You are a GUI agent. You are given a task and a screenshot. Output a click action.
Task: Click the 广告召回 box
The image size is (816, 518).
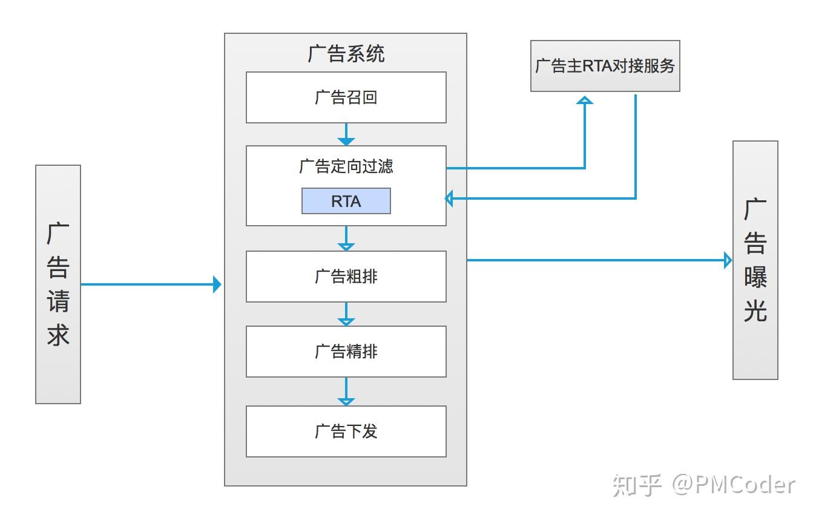346,97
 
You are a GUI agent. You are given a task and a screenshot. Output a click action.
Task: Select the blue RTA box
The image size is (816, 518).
346,201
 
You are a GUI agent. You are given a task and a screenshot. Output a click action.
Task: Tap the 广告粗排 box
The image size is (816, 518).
346,277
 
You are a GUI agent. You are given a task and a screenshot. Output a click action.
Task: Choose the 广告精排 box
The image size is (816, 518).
346,352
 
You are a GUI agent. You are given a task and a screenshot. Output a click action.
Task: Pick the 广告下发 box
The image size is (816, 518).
346,431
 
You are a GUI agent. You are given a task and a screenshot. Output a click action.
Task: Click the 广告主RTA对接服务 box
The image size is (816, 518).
605,66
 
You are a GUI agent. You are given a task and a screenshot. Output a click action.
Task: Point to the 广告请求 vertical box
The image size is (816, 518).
58,284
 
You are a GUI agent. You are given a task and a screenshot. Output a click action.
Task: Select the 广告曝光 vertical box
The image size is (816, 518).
755,260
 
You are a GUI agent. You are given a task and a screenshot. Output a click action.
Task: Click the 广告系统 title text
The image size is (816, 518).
346,54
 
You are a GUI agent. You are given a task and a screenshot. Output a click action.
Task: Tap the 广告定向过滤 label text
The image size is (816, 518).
346,166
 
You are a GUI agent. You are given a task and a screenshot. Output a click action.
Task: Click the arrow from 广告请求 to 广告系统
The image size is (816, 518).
151,284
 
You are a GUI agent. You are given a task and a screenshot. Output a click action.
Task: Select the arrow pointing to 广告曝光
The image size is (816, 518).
599,260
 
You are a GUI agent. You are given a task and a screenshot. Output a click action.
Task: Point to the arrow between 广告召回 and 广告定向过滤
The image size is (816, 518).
346,134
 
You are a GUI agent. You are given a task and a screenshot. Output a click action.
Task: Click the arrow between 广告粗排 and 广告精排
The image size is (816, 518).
346,314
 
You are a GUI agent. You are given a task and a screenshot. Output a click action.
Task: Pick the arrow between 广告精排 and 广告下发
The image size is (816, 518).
346,392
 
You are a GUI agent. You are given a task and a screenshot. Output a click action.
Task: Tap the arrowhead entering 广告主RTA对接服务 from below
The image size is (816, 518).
585,100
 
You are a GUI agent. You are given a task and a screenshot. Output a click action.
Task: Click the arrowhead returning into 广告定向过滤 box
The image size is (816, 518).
449,198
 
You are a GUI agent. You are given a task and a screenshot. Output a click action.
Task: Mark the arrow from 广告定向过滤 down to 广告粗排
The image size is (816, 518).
346,238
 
